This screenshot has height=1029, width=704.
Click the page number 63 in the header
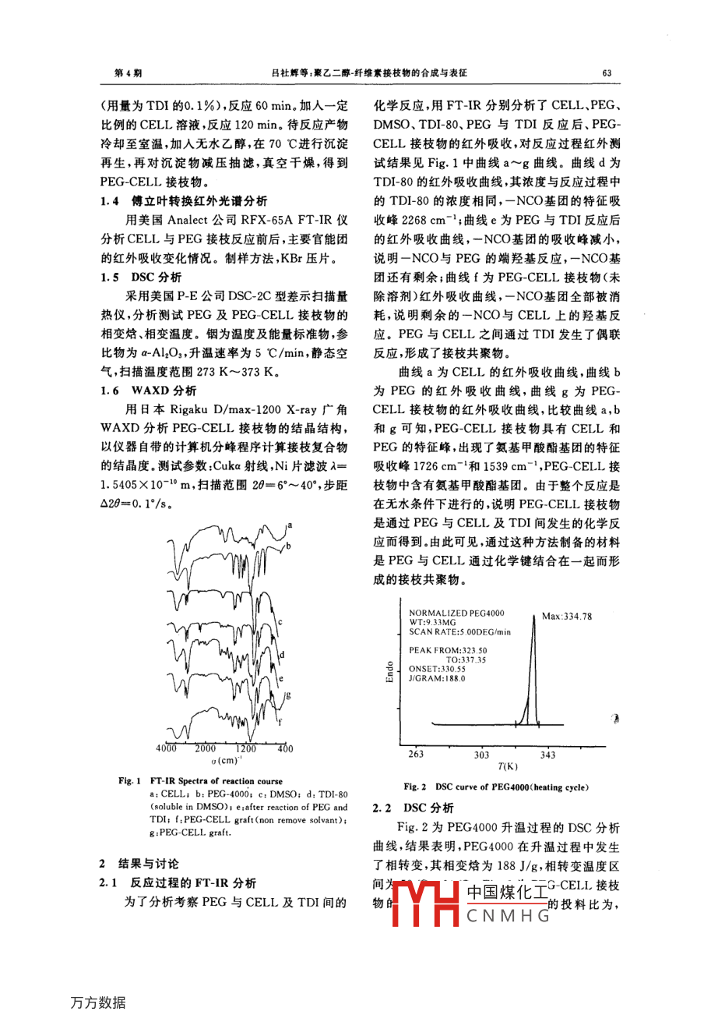click(607, 73)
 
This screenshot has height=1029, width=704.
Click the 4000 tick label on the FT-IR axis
click(166, 748)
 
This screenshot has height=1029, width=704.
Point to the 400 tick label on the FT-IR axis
click(285, 748)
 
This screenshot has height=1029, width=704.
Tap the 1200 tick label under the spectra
click(245, 748)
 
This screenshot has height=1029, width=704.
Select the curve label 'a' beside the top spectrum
click(289, 525)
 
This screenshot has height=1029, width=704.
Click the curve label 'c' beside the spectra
click(280, 622)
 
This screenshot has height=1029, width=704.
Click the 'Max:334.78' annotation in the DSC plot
click(566, 617)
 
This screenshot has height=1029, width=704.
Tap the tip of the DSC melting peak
click(533, 618)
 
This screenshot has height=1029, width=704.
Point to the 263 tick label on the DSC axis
click(416, 755)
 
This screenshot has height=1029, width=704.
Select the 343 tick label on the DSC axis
click(547, 755)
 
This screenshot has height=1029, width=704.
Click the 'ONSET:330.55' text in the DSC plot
click(437, 669)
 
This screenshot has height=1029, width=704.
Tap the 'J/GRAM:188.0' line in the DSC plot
click(437, 679)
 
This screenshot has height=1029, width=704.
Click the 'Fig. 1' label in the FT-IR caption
click(129, 780)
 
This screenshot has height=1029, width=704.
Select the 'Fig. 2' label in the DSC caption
click(415, 787)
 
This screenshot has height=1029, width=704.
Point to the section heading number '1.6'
click(110, 391)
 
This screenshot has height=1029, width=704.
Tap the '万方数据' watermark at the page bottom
click(98, 1002)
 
